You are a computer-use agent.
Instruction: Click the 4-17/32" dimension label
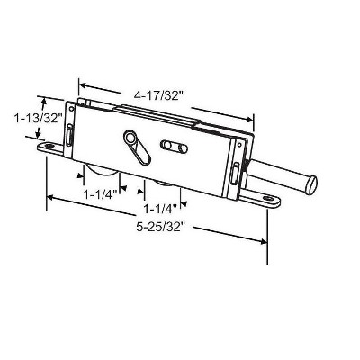158,96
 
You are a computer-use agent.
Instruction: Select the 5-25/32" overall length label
159,227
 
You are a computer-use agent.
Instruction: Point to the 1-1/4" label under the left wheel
100,195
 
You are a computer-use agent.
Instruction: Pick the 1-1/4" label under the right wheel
160,209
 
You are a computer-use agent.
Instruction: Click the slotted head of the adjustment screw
312,185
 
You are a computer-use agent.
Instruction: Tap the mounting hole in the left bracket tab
49,146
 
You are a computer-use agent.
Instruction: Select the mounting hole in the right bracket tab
267,198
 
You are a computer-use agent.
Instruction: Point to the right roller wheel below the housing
166,185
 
